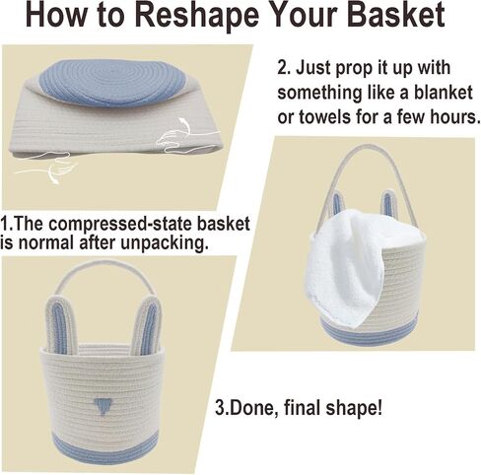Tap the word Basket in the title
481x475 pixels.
(x=395, y=15)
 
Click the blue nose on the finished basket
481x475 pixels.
(x=103, y=406)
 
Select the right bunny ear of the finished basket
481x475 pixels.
(x=146, y=324)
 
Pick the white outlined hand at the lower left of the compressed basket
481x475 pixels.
(x=48, y=165)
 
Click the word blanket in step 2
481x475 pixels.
(x=443, y=94)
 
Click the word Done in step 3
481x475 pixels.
(x=250, y=407)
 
